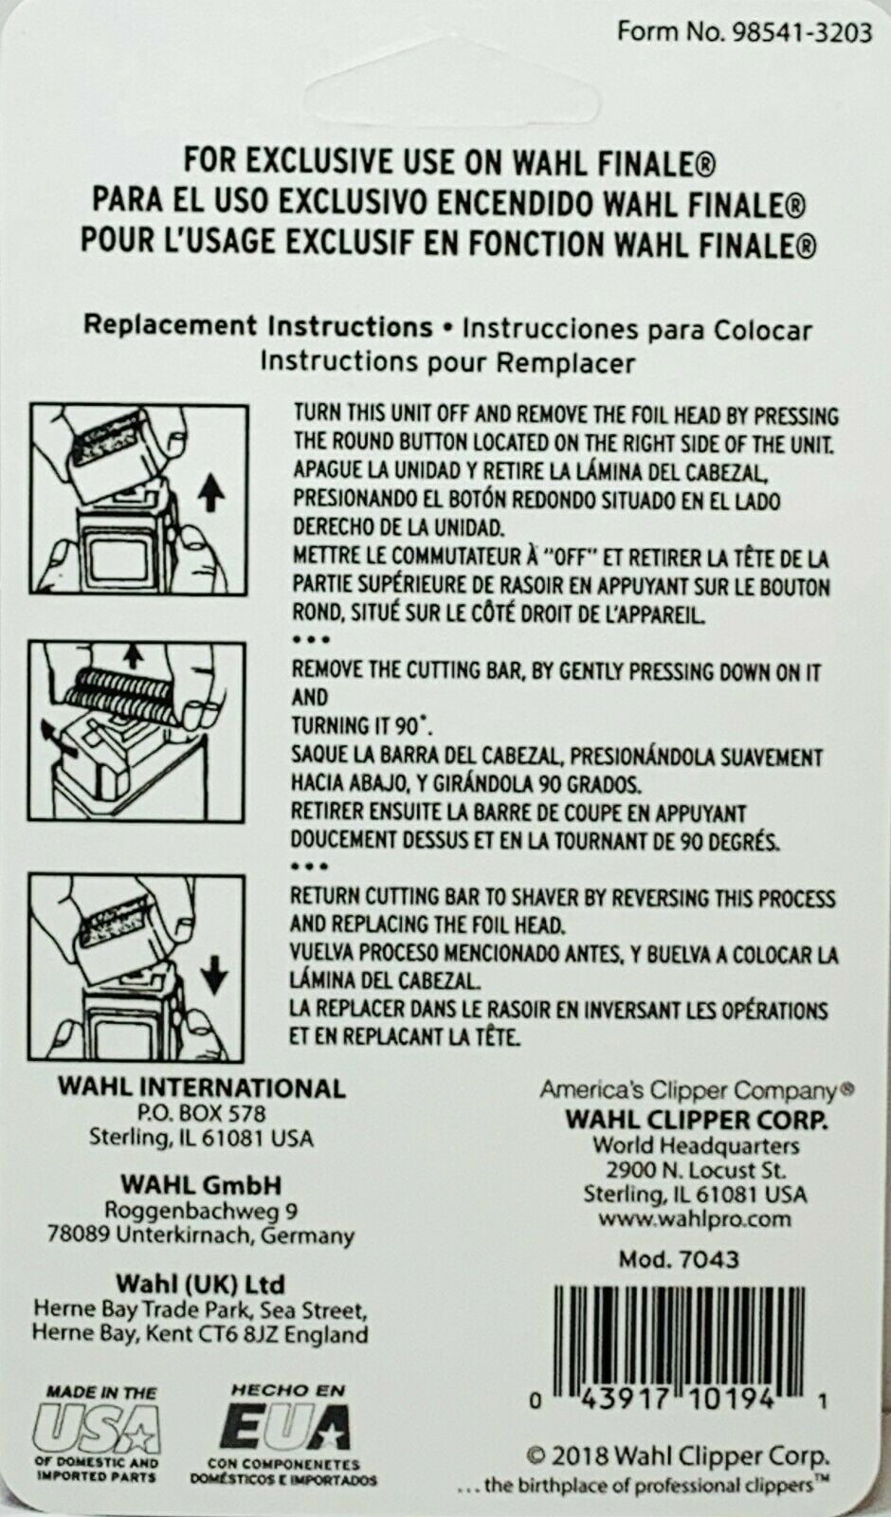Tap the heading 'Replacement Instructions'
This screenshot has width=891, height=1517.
click(258, 326)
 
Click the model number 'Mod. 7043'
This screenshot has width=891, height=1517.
click(679, 1259)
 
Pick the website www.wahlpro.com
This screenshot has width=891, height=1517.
click(695, 1219)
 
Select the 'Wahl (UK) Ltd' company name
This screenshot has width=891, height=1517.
click(200, 1284)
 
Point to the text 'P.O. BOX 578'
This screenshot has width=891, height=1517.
click(201, 1113)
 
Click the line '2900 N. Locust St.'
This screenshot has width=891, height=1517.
click(696, 1170)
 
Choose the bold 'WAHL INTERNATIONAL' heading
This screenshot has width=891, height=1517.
click(202, 1087)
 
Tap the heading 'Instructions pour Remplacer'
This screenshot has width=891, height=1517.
click(448, 361)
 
